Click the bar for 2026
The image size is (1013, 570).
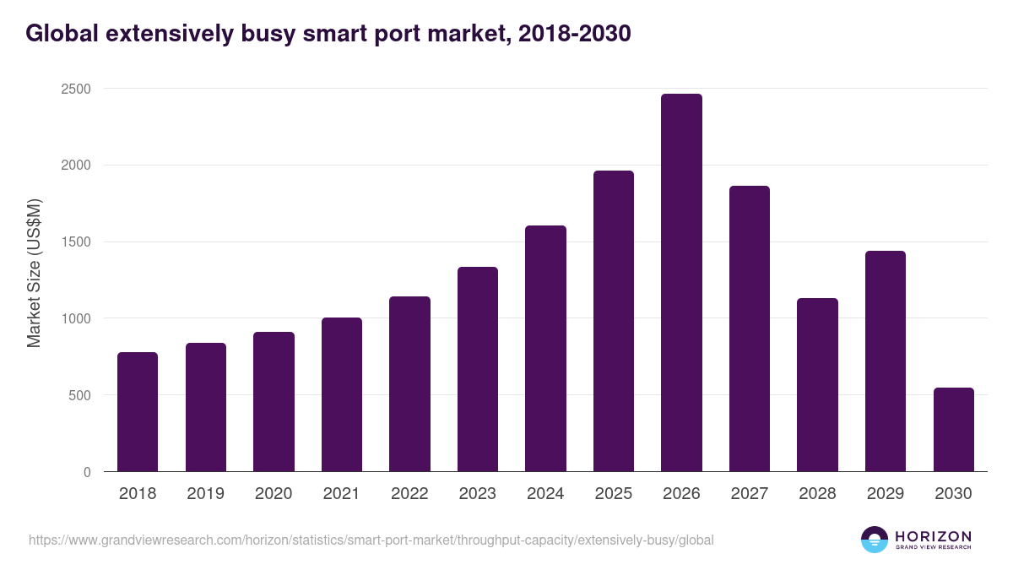point(681,283)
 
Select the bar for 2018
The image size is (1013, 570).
point(138,412)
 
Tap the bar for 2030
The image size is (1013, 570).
point(953,430)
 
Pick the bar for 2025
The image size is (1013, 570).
point(614,321)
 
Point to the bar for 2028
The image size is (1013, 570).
point(817,385)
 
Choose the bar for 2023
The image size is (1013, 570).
point(478,369)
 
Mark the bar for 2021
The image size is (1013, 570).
point(342,394)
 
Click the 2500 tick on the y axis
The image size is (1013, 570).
point(75,89)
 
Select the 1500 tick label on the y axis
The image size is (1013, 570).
point(75,242)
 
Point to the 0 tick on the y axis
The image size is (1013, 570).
point(87,472)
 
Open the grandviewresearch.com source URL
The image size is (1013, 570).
point(371,540)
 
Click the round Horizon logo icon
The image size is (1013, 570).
point(875,540)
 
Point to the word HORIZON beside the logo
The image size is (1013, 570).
point(933,536)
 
